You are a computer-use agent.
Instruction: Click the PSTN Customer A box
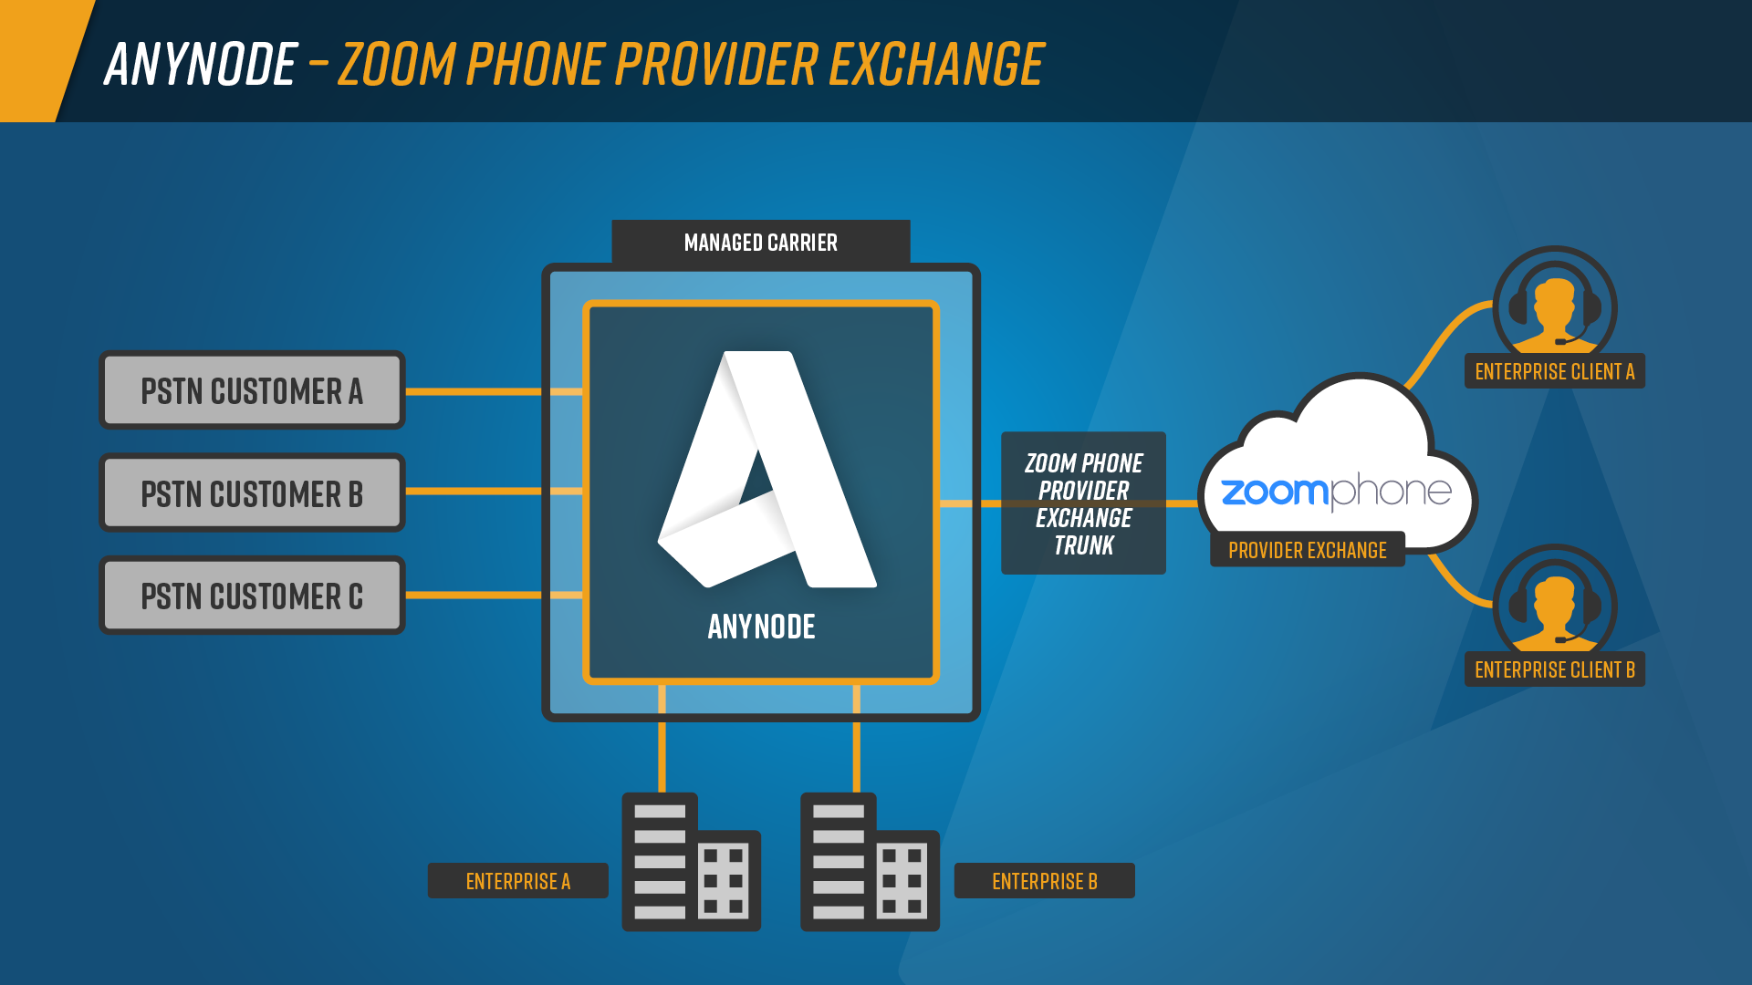pos(252,390)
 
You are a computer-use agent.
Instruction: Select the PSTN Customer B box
pos(252,493)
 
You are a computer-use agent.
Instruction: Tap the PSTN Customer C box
pos(252,596)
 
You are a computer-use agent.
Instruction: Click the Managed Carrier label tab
pos(760,243)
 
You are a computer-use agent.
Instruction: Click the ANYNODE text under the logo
pos(761,627)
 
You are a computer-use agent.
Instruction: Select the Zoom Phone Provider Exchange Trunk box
pos(1083,503)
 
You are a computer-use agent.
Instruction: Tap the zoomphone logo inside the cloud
pos(1336,493)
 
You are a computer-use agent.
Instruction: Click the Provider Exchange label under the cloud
pos(1307,550)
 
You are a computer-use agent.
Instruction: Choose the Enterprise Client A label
pos(1554,371)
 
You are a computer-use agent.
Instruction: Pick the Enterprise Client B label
pos(1554,669)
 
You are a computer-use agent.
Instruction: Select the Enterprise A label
pos(517,881)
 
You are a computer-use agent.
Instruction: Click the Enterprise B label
pos(1044,881)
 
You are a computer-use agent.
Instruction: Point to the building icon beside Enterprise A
pos(691,862)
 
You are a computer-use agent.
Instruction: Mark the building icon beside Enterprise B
pos(870,862)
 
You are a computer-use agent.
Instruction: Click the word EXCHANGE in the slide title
pos(936,65)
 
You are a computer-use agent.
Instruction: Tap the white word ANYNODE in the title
pos(201,65)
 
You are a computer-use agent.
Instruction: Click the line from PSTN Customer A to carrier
pos(474,391)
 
